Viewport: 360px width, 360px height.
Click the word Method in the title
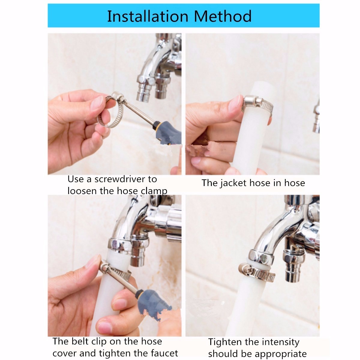point(223,16)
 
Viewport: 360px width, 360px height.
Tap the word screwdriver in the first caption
point(120,179)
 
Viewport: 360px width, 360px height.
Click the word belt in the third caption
point(82,341)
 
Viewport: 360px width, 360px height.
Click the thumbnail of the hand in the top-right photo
point(235,103)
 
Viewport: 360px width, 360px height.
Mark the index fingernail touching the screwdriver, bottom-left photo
point(94,262)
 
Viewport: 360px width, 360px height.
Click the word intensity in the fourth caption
point(280,342)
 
